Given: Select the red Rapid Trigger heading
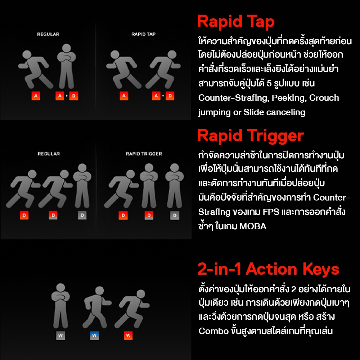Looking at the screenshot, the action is pos(251,136).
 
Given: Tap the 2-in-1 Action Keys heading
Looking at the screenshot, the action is pos(268,269).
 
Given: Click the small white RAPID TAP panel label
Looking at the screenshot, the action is pos(144,34).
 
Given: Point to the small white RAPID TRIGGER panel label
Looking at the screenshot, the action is pos(144,154).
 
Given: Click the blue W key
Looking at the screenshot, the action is pos(94,336).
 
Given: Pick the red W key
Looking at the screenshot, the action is pos(128,336).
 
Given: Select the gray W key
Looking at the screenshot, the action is pos(60,336).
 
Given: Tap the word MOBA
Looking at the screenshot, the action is pos(253,226).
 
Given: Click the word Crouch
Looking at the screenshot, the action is pos(324,98).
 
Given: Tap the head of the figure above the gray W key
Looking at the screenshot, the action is pos(60,287).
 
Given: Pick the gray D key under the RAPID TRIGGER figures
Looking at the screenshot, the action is pos(175,215).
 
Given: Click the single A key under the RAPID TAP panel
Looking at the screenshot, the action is pos(124,96).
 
